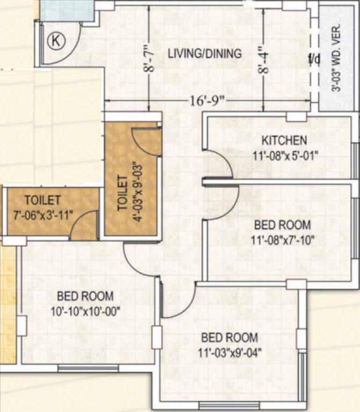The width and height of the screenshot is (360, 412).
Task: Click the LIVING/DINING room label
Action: click(x=204, y=54)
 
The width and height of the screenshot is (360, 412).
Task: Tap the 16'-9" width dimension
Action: click(x=205, y=101)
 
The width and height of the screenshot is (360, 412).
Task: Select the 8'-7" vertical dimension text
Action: click(x=152, y=59)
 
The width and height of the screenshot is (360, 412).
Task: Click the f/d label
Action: click(x=314, y=59)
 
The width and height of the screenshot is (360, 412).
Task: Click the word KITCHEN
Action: click(x=284, y=141)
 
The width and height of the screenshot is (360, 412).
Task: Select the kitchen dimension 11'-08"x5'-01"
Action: click(x=285, y=156)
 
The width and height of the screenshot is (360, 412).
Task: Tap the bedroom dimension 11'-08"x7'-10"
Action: click(x=282, y=239)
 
